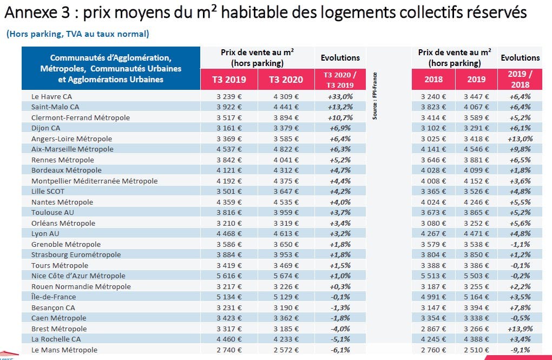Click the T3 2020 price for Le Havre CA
point(286,96)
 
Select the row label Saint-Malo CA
point(55,107)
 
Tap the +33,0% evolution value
point(340,96)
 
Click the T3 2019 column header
point(229,80)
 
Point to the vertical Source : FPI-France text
point(374,96)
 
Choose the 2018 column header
point(433,79)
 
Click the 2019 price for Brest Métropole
point(476,329)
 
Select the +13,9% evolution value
point(520,329)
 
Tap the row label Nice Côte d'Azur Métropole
point(78,276)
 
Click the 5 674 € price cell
point(286,276)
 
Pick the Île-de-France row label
point(54,297)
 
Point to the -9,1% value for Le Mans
point(520,350)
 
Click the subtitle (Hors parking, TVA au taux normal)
point(78,34)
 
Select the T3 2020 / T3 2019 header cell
point(340,80)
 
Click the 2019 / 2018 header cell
point(520,79)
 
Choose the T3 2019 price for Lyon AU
point(229,233)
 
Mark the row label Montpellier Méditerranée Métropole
point(94,181)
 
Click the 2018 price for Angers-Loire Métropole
point(433,139)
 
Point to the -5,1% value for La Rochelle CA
point(340,339)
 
